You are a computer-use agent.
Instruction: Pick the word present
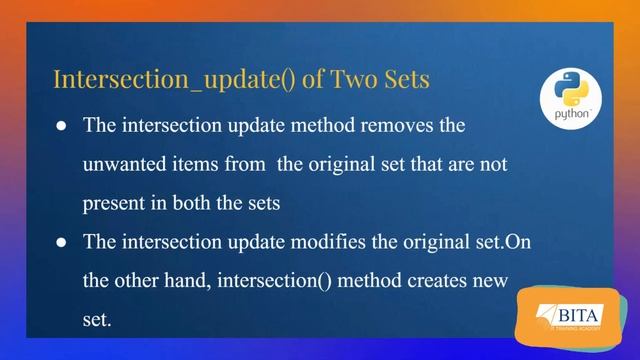pos(114,203)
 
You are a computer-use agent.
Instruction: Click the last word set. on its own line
pos(99,318)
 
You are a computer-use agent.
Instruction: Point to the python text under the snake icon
pos(571,115)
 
